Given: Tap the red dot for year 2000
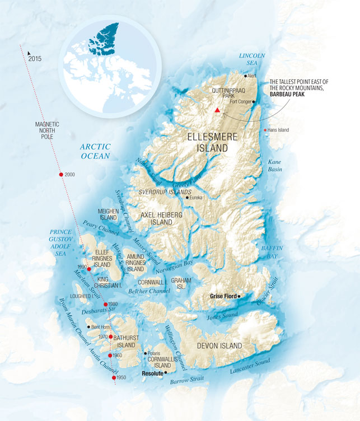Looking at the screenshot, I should point(61,175).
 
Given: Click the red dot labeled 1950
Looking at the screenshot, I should point(114,378).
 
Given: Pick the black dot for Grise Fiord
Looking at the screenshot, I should point(239,296).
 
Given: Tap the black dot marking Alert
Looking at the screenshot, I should point(245,75).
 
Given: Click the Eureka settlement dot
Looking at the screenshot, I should point(188,198).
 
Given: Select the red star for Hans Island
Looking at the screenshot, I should point(265,130).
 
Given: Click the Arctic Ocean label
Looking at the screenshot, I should point(95,151).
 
